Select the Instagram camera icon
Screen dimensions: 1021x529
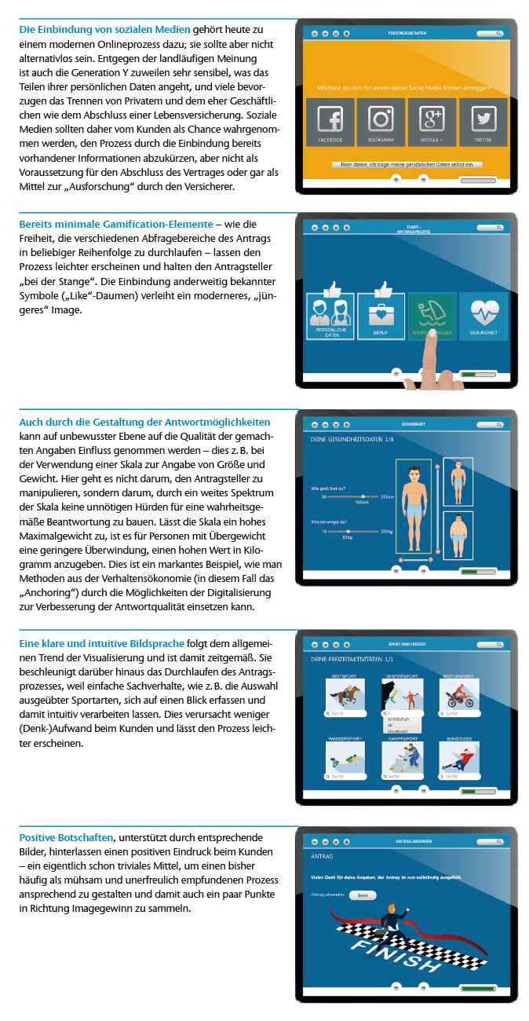[x=381, y=119]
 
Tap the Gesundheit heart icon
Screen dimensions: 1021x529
[x=483, y=313]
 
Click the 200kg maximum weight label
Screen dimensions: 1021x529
[x=386, y=532]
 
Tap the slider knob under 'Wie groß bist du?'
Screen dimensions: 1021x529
[x=363, y=496]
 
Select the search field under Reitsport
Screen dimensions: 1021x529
[x=345, y=713]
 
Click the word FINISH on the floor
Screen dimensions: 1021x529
[x=400, y=957]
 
